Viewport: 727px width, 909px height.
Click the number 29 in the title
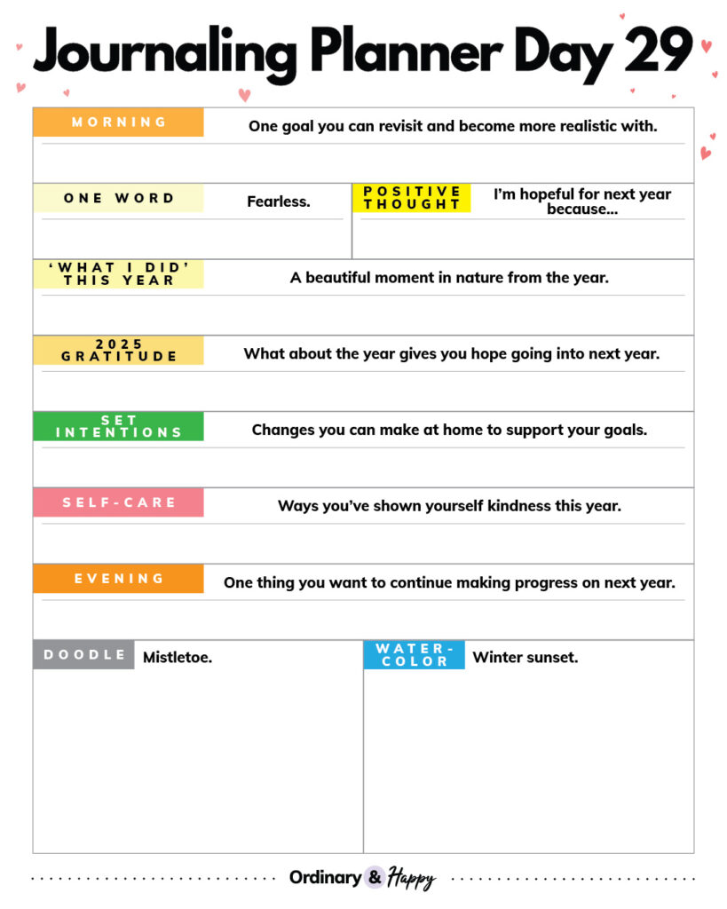659,51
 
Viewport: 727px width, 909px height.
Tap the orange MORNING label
118,123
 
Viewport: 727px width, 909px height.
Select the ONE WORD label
118,198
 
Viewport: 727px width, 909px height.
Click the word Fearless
279,202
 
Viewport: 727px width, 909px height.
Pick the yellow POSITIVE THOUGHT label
412,198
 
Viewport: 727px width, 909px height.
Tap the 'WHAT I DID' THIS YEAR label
118,273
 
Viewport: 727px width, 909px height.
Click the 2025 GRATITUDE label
118,350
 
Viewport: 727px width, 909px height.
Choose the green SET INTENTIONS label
118,426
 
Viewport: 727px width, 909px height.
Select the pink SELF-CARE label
118,502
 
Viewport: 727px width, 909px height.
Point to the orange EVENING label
118,579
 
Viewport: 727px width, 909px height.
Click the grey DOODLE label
84,655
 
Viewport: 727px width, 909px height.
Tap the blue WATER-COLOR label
414,655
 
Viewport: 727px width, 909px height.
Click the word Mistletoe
178,658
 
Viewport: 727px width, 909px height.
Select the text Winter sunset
525,658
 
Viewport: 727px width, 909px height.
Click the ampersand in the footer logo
375,877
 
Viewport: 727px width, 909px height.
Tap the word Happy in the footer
411,879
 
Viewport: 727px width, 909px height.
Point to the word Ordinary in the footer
325,878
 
